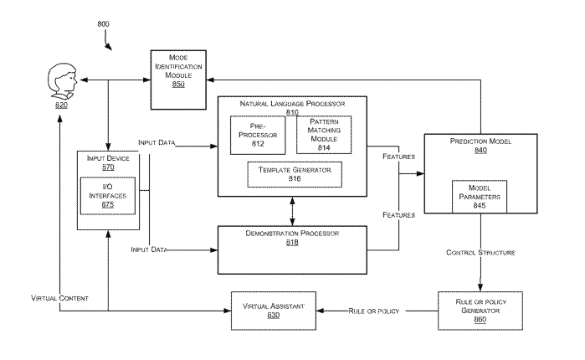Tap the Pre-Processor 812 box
[x=258, y=135]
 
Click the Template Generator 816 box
[x=289, y=173]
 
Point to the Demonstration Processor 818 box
[x=292, y=248]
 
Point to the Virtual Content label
[x=59, y=298]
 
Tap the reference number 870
[x=108, y=167]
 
